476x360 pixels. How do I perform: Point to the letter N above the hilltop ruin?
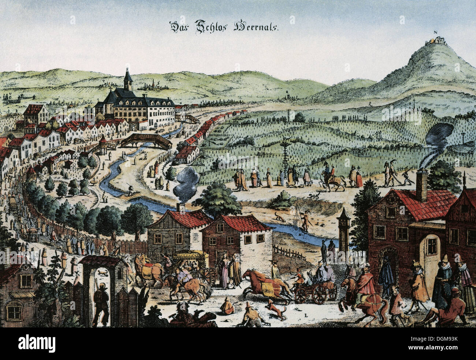click(436, 31)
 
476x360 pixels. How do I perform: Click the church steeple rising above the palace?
click(127, 79)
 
